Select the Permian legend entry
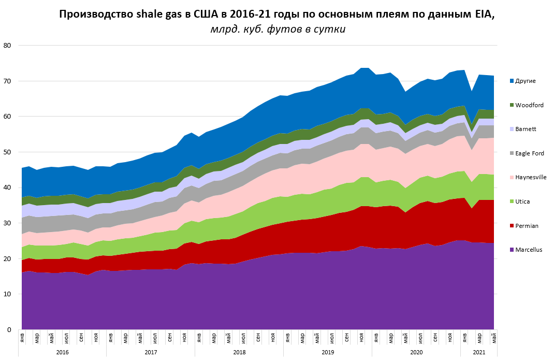point(527,226)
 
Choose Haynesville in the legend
point(531,177)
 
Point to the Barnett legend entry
point(526,129)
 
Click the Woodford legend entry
point(529,105)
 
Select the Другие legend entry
point(525,81)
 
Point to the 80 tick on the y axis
point(7,46)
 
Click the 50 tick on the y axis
point(7,152)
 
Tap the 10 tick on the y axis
point(7,294)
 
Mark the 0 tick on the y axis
point(9,330)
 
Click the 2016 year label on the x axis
point(62,352)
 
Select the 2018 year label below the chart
point(239,352)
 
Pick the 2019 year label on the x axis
point(328,352)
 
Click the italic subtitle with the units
point(278,29)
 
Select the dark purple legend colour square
point(512,250)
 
